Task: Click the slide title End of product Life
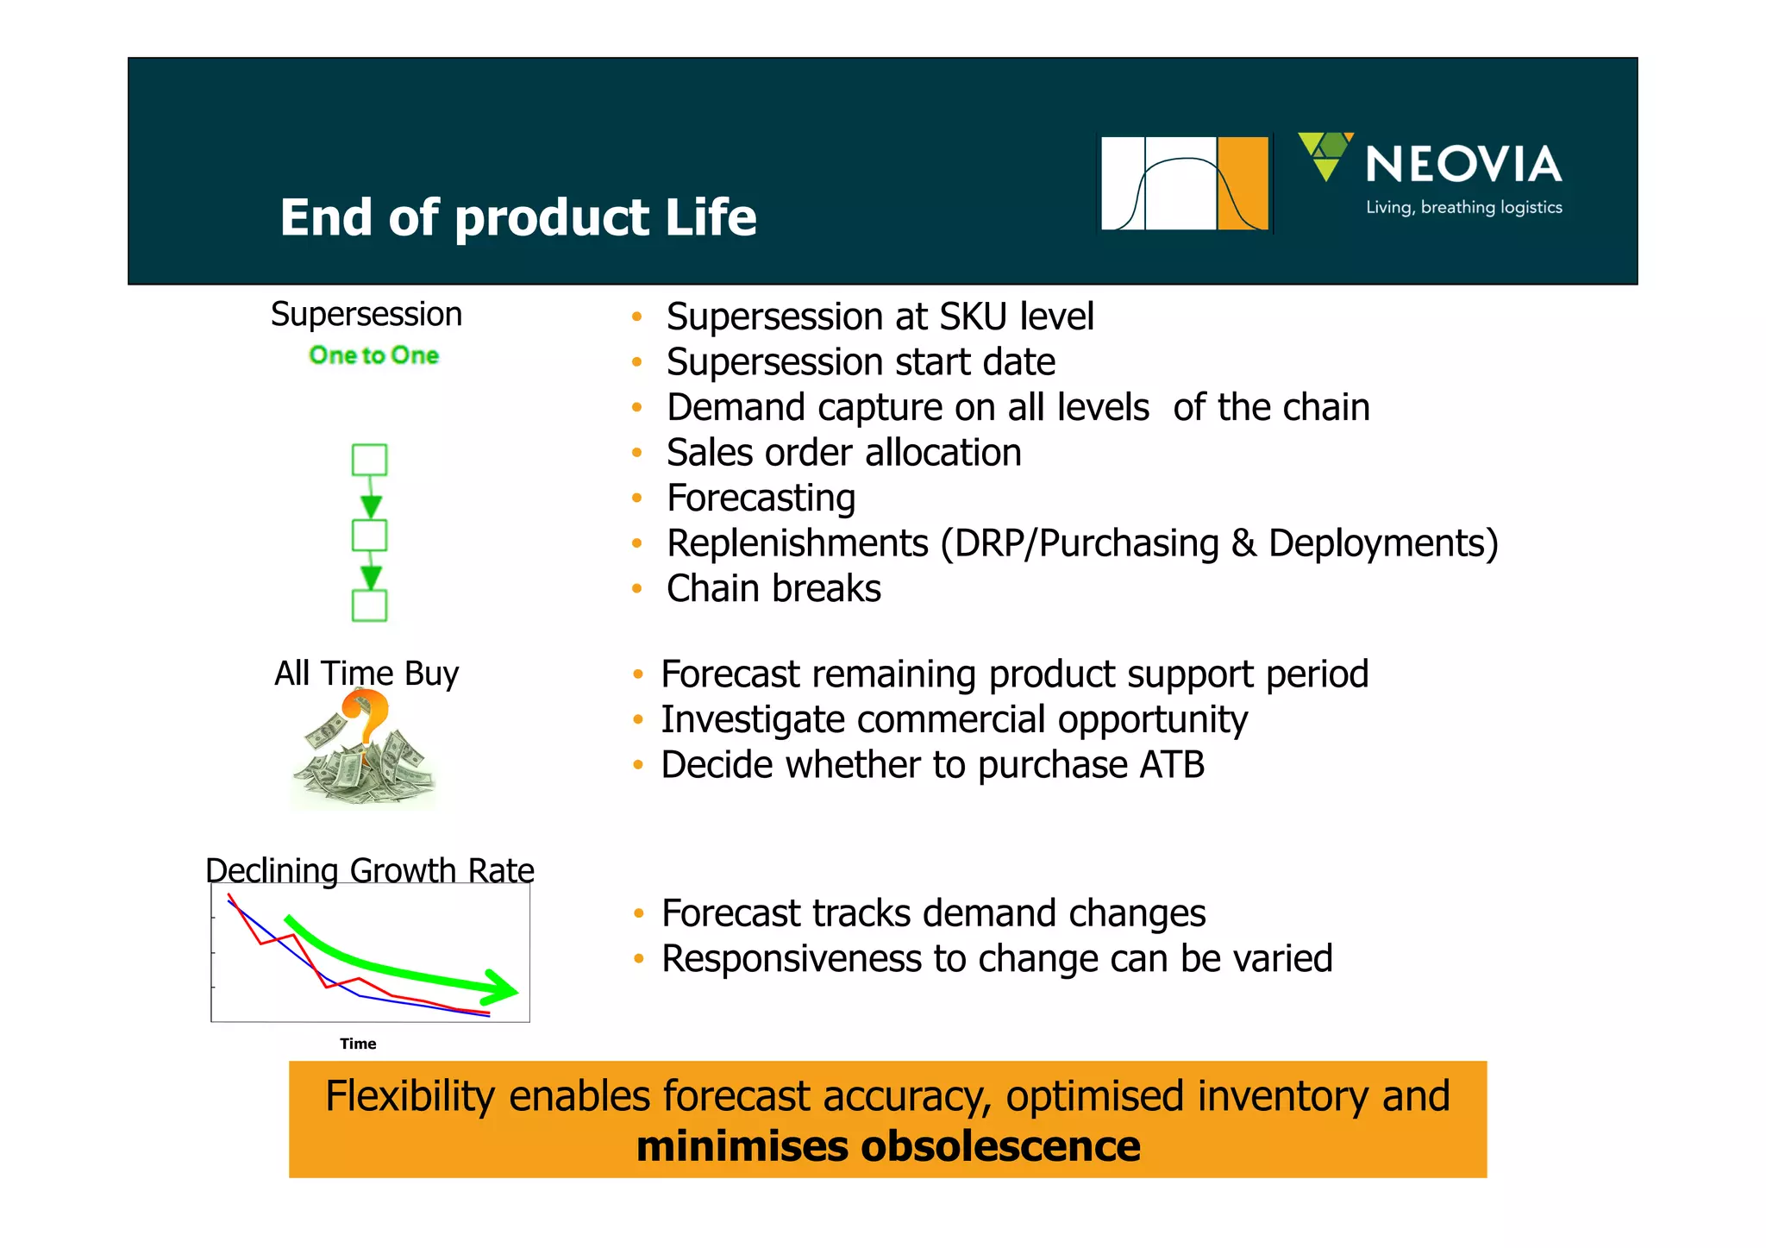tap(517, 217)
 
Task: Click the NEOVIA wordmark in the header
tap(1463, 165)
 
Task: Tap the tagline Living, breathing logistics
tap(1463, 208)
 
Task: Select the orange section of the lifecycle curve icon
tap(1243, 183)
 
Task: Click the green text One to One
tap(373, 355)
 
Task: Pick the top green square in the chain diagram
tap(369, 460)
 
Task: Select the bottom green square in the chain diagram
tap(369, 605)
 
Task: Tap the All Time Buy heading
tap(366, 674)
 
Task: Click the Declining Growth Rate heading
tap(369, 870)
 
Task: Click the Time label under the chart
tap(358, 1044)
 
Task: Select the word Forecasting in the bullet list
tap(761, 499)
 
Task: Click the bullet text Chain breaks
tap(773, 589)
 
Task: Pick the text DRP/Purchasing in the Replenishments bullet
tap(1087, 544)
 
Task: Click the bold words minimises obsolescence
tap(888, 1146)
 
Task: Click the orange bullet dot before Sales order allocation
tap(636, 453)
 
